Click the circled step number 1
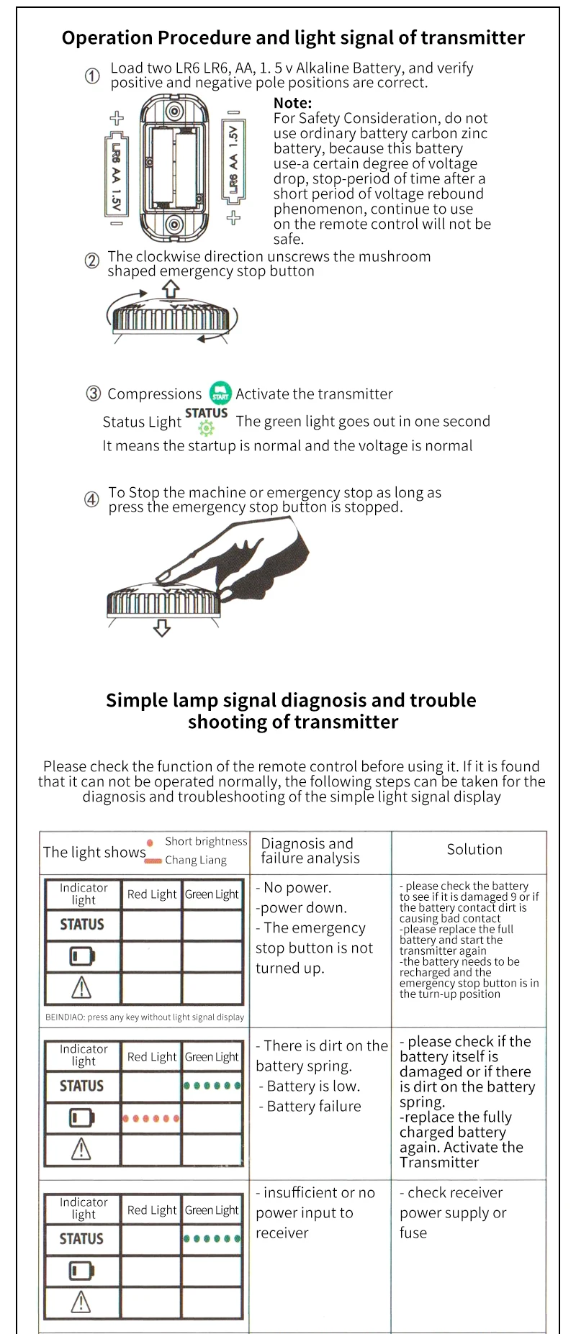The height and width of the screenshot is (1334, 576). pyautogui.click(x=92, y=76)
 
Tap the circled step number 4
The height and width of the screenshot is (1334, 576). pyautogui.click(x=92, y=499)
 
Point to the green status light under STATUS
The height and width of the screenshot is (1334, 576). pyautogui.click(x=207, y=430)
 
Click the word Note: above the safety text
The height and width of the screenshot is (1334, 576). pyautogui.click(x=292, y=103)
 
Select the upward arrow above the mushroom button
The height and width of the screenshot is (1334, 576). pyautogui.click(x=171, y=289)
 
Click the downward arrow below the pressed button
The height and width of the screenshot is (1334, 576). pyautogui.click(x=162, y=627)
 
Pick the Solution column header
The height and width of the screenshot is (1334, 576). pyautogui.click(x=474, y=849)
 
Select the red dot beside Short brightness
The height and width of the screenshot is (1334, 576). pyautogui.click(x=150, y=843)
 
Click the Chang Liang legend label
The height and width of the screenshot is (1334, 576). pyautogui.click(x=196, y=860)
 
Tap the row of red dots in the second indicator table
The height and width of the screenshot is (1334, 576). pyautogui.click(x=150, y=1118)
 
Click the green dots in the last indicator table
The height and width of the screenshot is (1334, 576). pyautogui.click(x=212, y=1238)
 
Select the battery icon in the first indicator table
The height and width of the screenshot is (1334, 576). pyautogui.click(x=81, y=956)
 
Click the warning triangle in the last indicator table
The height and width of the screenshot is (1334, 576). pyautogui.click(x=81, y=1302)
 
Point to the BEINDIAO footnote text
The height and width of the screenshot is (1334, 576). pyautogui.click(x=145, y=1017)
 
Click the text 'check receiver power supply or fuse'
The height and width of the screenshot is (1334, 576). pyautogui.click(x=454, y=1212)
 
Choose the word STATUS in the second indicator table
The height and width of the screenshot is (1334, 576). pyautogui.click(x=81, y=1086)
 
